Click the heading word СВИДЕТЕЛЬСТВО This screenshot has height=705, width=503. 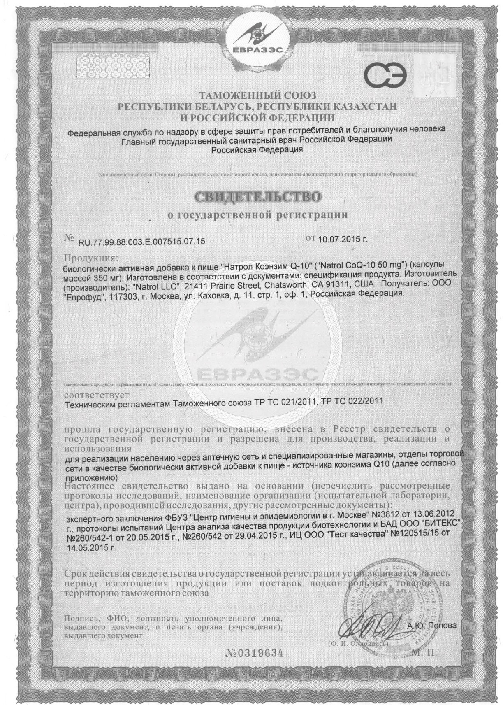click(257, 196)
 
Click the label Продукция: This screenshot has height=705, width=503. click(90, 258)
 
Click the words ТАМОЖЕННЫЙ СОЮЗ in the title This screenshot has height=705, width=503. click(257, 96)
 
